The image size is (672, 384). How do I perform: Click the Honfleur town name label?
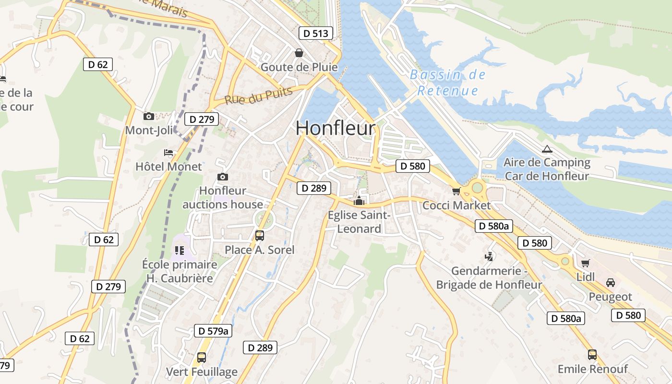335,128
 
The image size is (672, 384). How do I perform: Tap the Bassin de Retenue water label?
448,83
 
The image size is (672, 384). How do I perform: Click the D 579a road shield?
213,330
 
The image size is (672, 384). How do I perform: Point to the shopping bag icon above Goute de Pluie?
299,53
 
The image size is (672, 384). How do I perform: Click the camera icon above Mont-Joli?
149,116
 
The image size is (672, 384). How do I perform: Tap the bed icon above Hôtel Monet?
168,153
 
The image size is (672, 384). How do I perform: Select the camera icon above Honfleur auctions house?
222,177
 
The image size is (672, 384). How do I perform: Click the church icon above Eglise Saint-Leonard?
359,201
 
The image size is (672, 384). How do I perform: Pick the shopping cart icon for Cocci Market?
456,192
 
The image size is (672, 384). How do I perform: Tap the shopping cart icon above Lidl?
585,263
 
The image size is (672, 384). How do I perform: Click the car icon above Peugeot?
610,282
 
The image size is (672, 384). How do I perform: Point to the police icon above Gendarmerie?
489,257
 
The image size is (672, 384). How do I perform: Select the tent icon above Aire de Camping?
546,148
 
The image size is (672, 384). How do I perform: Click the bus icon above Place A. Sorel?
259,236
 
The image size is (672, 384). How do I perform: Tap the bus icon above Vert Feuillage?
202,358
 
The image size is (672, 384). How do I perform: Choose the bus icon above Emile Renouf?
592,355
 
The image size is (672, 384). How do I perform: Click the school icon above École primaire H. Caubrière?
180,250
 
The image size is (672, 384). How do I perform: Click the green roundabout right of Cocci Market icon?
477,187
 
